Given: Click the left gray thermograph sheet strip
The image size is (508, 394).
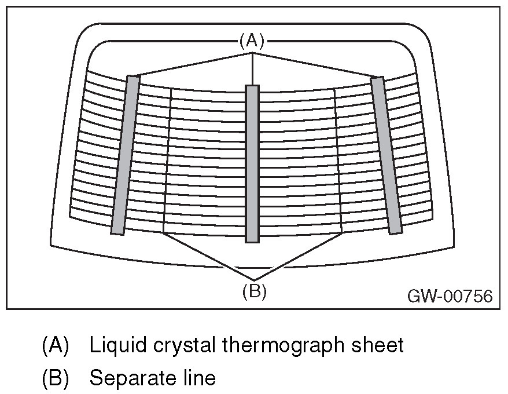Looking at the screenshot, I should click(x=126, y=155).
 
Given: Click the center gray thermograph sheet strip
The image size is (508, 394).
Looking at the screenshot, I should click(x=252, y=163).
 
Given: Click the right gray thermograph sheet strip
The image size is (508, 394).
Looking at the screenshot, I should click(x=386, y=155).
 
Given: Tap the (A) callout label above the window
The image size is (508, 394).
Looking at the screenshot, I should click(x=252, y=40).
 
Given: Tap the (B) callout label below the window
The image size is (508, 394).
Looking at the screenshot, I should click(x=254, y=291).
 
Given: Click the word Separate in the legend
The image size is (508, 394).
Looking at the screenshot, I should click(x=130, y=378).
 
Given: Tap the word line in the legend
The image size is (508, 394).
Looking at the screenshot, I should click(x=197, y=378).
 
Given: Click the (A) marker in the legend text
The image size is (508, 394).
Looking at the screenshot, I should click(x=56, y=346).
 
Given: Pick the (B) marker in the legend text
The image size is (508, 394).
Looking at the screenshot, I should click(x=56, y=378).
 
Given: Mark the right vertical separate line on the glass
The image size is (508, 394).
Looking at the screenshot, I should click(x=338, y=162).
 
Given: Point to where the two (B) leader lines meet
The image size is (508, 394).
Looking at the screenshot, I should click(x=254, y=280).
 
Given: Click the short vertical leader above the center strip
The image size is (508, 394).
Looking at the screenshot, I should click(x=252, y=69).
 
